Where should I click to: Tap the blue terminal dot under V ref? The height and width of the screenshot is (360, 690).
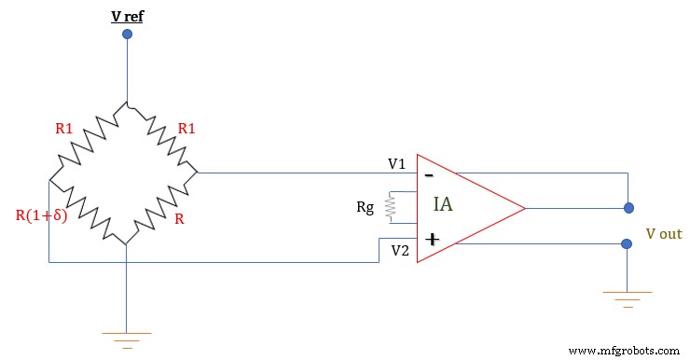click(x=127, y=35)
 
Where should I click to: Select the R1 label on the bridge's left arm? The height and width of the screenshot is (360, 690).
click(x=63, y=129)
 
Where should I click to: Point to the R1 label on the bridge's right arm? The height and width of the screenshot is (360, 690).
click(x=186, y=129)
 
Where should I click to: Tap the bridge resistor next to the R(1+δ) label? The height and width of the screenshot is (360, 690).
click(x=88, y=208)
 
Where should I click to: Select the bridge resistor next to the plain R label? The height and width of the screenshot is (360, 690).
click(x=160, y=208)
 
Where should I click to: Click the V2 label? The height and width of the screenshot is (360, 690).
click(x=399, y=250)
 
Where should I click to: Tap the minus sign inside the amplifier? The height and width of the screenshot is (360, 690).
click(x=429, y=174)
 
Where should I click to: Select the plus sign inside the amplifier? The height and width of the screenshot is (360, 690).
click(x=432, y=240)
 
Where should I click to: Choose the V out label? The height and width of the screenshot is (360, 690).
click(x=663, y=233)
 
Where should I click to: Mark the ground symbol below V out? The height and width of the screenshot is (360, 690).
click(x=628, y=298)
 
